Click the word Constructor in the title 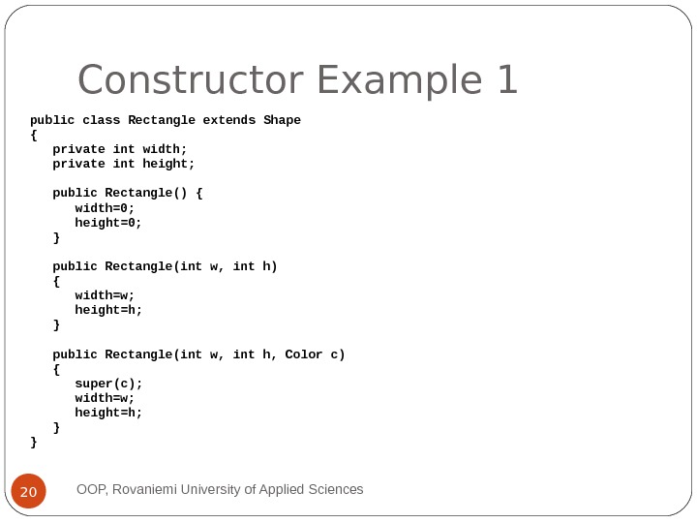[184, 81]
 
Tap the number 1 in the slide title [507, 81]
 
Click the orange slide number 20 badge [29, 492]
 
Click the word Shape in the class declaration [282, 120]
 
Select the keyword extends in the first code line [228, 120]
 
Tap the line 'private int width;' [119, 149]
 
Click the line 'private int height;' [123, 164]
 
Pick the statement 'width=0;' [105, 208]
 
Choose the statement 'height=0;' [108, 223]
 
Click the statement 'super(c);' [108, 384]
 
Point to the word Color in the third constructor [304, 354]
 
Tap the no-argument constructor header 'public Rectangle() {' [127, 193]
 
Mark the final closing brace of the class [34, 442]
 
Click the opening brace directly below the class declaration [34, 135]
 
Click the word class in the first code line [101, 120]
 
